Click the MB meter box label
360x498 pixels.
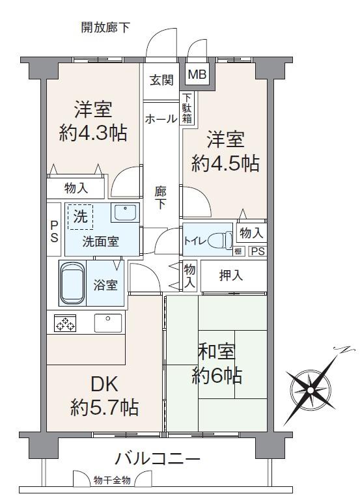point(197,74)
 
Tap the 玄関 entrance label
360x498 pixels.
point(161,79)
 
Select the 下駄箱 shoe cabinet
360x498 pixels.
point(187,108)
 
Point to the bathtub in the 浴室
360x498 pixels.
point(73,283)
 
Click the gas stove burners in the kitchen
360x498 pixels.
point(65,323)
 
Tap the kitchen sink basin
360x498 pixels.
point(107,323)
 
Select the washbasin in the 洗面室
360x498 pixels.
point(125,212)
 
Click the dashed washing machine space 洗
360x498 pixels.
point(80,217)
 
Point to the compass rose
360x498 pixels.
point(310,389)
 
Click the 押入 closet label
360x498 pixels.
point(231,275)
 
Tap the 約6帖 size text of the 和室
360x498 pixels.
point(217,376)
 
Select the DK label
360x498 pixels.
point(105,384)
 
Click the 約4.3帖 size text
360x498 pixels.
point(93,133)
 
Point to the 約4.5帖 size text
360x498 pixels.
point(225,164)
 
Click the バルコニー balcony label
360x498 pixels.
point(158,459)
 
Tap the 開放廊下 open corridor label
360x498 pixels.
point(105,27)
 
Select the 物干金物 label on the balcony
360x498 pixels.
point(112,480)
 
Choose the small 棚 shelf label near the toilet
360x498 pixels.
point(238,251)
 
